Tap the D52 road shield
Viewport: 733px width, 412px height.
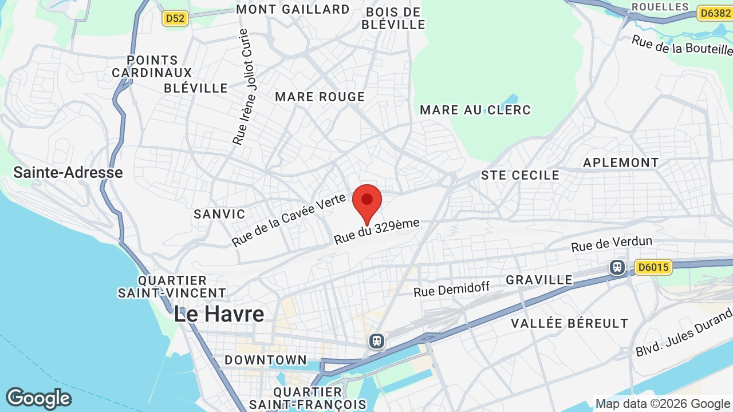click(x=175, y=18)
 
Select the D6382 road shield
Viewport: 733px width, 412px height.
click(x=715, y=13)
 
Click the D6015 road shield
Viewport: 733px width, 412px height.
click(x=653, y=267)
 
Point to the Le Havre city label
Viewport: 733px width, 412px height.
click(x=219, y=314)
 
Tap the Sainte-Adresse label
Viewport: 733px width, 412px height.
click(x=68, y=172)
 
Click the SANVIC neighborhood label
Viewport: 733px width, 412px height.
click(x=219, y=214)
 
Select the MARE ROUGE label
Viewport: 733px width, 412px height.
click(x=320, y=97)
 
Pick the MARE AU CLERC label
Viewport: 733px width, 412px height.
click(x=475, y=110)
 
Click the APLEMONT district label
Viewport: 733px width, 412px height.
click(x=621, y=163)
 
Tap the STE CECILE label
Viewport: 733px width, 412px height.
click(x=520, y=175)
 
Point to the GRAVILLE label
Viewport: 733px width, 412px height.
click(x=539, y=280)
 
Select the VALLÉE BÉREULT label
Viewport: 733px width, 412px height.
click(x=569, y=323)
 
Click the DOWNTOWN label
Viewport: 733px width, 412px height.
click(x=265, y=360)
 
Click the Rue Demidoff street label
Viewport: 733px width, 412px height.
click(x=452, y=289)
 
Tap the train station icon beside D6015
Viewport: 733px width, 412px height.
click(x=617, y=267)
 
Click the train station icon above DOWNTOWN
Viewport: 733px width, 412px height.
click(x=377, y=341)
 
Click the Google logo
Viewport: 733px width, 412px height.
click(x=38, y=398)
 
